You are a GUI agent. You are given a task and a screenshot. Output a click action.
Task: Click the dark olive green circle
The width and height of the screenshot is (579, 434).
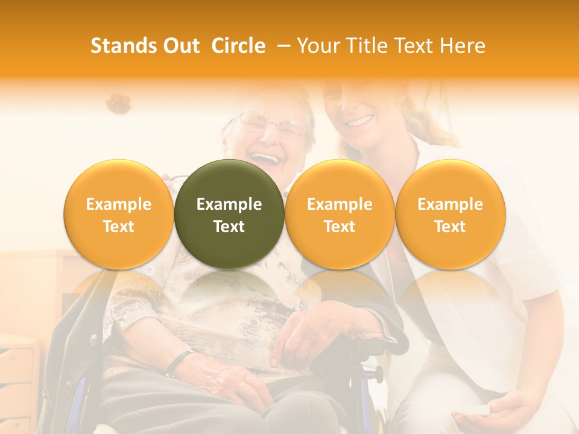229,214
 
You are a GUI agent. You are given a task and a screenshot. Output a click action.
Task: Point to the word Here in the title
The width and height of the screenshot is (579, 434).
462,46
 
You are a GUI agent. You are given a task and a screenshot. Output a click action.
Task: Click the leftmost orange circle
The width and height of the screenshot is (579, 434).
118,214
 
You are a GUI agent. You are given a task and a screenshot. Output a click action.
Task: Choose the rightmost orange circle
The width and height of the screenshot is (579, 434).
450,214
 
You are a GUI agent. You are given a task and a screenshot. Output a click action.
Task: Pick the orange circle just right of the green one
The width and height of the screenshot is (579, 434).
340,214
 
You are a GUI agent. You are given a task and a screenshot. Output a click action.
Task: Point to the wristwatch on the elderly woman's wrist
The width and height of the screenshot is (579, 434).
178,362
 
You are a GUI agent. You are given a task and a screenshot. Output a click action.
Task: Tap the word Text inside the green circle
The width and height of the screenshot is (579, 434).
229,227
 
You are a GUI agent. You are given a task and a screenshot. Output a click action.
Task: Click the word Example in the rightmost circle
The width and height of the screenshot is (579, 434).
450,204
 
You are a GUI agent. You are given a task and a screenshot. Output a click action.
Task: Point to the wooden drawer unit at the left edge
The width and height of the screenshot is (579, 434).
18,380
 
